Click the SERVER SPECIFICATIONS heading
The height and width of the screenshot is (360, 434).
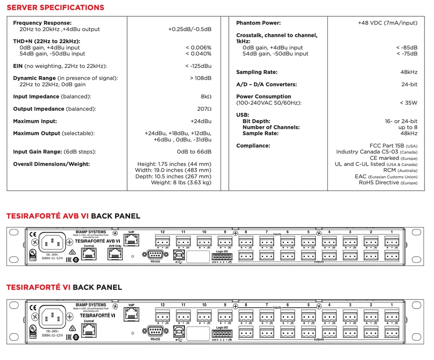coord(55,8)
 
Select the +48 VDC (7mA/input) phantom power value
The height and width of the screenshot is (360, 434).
coord(387,23)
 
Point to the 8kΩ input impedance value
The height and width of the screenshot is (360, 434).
coord(206,97)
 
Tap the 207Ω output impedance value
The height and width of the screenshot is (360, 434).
coord(204,109)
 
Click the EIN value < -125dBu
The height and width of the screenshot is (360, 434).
coord(198,66)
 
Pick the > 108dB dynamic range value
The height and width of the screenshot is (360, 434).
coord(201,78)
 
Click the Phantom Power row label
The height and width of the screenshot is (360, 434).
coord(258,23)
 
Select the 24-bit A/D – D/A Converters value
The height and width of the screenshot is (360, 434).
coord(409,84)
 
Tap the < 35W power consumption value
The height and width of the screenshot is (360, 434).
coord(409,103)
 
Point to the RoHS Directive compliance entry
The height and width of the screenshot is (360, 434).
coord(388,182)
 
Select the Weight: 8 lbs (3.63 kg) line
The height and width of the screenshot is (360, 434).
coord(181,182)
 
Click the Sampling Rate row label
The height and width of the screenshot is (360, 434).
coord(256,72)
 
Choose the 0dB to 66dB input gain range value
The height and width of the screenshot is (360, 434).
coord(194,152)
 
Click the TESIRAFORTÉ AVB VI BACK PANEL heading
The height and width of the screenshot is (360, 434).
coord(73,216)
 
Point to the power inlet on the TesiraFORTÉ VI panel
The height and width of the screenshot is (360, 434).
coord(52,317)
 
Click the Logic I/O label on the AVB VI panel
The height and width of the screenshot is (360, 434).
coord(222,252)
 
